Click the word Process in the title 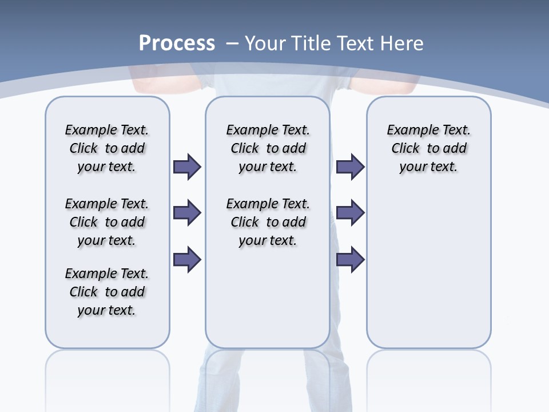click(x=177, y=43)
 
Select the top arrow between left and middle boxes click(x=187, y=167)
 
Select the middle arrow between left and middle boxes click(x=187, y=213)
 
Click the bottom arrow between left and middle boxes click(x=187, y=259)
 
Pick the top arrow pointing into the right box click(x=350, y=167)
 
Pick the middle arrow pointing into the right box click(x=350, y=213)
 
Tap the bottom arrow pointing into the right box click(x=350, y=259)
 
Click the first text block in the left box click(x=107, y=148)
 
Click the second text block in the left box click(x=107, y=222)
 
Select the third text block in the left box click(x=107, y=292)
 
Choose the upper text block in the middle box click(x=268, y=148)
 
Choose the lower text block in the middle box click(x=268, y=222)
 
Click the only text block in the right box click(x=428, y=148)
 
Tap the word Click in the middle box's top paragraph click(x=245, y=149)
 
